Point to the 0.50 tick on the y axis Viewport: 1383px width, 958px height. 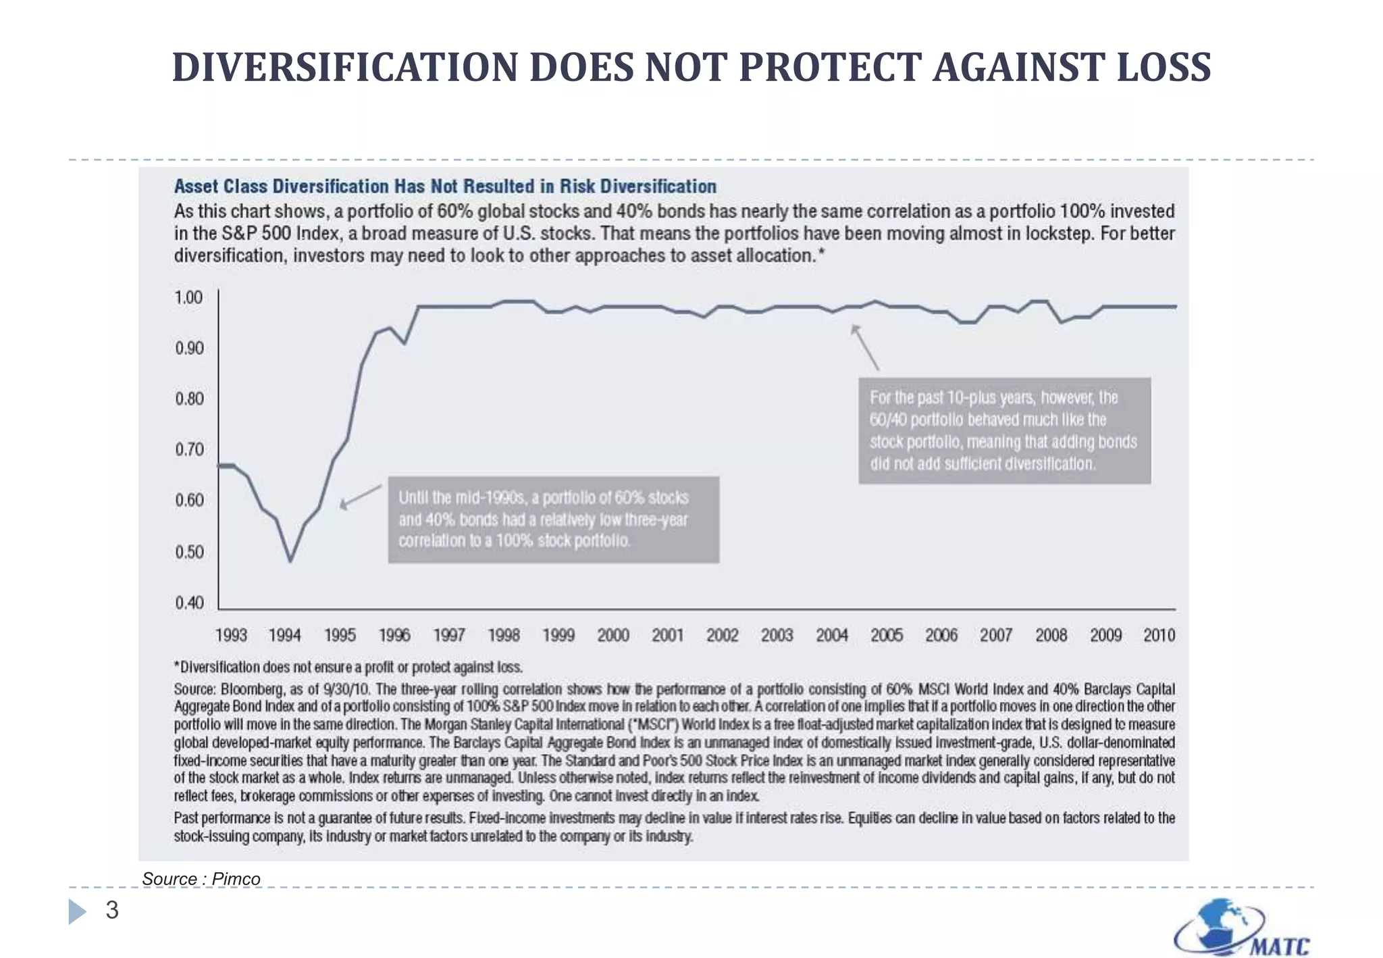click(x=189, y=552)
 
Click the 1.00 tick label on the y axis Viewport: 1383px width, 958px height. click(x=188, y=298)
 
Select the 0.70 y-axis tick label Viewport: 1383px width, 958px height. click(x=189, y=449)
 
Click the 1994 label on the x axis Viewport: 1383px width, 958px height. click(x=284, y=635)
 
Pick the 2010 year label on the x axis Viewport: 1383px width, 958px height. click(x=1159, y=635)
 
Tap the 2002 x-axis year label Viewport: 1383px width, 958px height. click(x=722, y=635)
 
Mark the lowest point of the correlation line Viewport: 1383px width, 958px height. click(x=290, y=560)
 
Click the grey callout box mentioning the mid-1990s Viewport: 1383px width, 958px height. click(x=553, y=519)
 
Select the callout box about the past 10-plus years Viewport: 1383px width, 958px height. click(x=1004, y=430)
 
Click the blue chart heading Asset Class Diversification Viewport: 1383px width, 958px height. click(x=445, y=186)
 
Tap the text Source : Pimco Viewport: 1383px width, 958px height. click(x=201, y=879)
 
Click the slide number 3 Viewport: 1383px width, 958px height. click(x=112, y=910)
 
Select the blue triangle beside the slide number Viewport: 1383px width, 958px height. click(x=77, y=911)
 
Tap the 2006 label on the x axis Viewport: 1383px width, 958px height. click(x=941, y=635)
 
